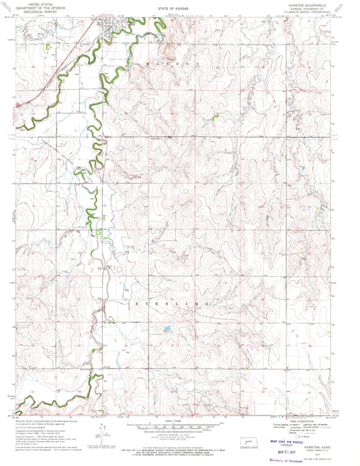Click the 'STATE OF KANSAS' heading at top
click(x=180, y=9)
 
